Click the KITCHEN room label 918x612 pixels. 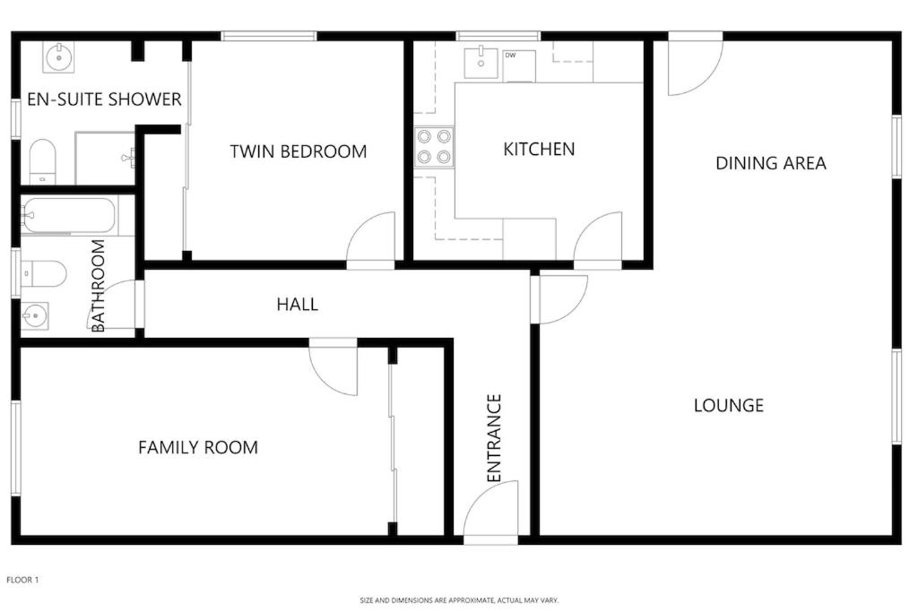point(539,150)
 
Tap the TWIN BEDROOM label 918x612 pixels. point(299,151)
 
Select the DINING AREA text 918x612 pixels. point(771,163)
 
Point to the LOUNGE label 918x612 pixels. point(729,406)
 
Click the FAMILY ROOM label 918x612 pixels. point(198,448)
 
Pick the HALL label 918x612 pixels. point(298,305)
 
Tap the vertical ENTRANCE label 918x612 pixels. point(495,438)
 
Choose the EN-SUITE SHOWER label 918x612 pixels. point(104,99)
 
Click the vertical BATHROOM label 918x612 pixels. point(99,286)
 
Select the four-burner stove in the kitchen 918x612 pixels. point(434,147)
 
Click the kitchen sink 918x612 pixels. point(481,64)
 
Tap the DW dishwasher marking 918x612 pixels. point(510,56)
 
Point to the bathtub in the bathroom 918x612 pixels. point(68,215)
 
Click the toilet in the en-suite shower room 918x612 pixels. point(42,161)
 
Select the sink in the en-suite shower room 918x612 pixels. point(58,57)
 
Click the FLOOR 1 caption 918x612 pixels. point(22,580)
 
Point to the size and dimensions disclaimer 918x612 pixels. point(459,600)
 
